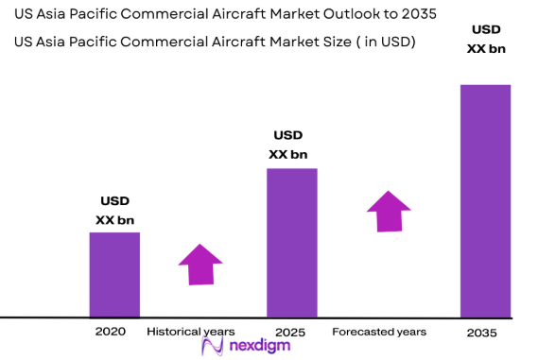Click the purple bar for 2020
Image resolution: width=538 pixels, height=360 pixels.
point(114,274)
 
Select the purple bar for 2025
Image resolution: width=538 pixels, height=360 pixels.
point(291,243)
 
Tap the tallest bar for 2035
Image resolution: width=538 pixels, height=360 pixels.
point(485,200)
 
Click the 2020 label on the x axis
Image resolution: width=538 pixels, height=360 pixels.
point(111,333)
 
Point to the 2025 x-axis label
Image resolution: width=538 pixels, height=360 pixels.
point(290,333)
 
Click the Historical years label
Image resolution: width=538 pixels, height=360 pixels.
point(191,332)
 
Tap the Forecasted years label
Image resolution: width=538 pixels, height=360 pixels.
point(379,332)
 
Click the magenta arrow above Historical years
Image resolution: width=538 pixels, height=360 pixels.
point(200,264)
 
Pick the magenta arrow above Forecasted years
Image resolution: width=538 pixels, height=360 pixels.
point(389,211)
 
